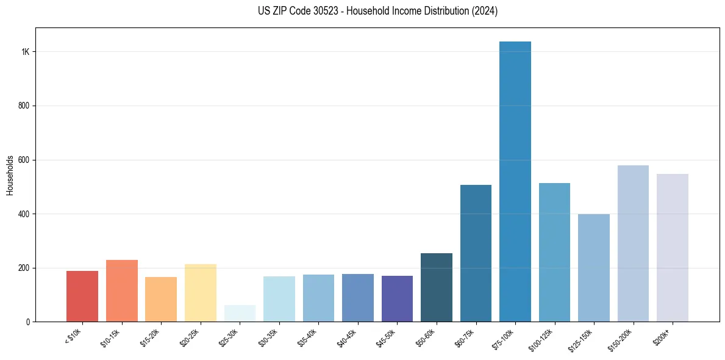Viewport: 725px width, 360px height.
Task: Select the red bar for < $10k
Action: pyautogui.click(x=82, y=296)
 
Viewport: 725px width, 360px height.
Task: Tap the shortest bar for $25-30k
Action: pyautogui.click(x=240, y=313)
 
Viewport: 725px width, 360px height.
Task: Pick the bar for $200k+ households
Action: pyautogui.click(x=673, y=248)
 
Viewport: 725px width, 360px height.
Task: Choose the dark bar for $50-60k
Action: pyautogui.click(x=437, y=287)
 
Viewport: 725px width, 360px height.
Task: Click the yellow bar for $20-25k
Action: pyautogui.click(x=201, y=292)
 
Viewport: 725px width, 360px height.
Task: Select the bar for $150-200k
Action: pyautogui.click(x=633, y=243)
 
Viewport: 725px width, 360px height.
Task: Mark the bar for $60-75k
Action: pyautogui.click(x=476, y=253)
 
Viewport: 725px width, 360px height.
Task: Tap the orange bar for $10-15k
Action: pyautogui.click(x=122, y=290)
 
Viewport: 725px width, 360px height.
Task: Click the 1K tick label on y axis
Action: pyautogui.click(x=26, y=52)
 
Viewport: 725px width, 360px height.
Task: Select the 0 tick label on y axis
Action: pyautogui.click(x=28, y=322)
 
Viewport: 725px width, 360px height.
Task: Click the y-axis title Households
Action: pyautogui.click(x=10, y=175)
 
